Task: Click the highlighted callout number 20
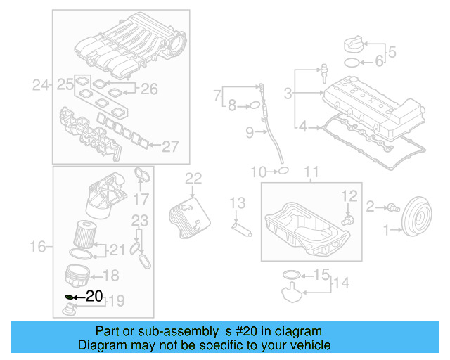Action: tap(94, 296)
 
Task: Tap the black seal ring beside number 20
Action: tap(70, 297)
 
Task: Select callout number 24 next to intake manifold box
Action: tap(41, 86)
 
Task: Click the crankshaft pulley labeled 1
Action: tap(418, 217)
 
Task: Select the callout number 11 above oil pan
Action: tap(311, 171)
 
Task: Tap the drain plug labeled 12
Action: tap(347, 219)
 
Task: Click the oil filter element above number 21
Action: tap(84, 231)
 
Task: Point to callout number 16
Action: tap(39, 246)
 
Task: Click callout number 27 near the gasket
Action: tap(171, 146)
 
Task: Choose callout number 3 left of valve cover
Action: tap(288, 92)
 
